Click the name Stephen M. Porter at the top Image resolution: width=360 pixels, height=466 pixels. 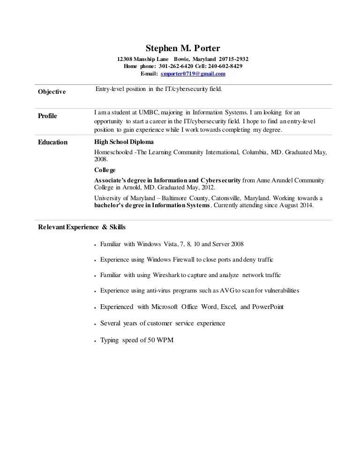pos(182,48)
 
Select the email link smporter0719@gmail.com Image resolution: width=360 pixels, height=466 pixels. pos(193,74)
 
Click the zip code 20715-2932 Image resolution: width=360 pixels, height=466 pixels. pos(233,59)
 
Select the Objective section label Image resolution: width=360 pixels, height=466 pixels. pos(52,92)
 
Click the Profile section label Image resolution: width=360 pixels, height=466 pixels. pos(47,116)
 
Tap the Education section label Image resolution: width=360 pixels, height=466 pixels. pos(52,143)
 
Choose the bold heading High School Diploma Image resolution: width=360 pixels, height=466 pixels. pos(123,142)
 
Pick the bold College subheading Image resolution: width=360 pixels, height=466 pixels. pos(105,170)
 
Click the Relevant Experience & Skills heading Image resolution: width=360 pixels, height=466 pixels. pos(82,227)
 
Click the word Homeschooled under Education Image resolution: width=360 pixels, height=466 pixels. pos(113,152)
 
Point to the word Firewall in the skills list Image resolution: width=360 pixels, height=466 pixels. pos(184,259)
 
